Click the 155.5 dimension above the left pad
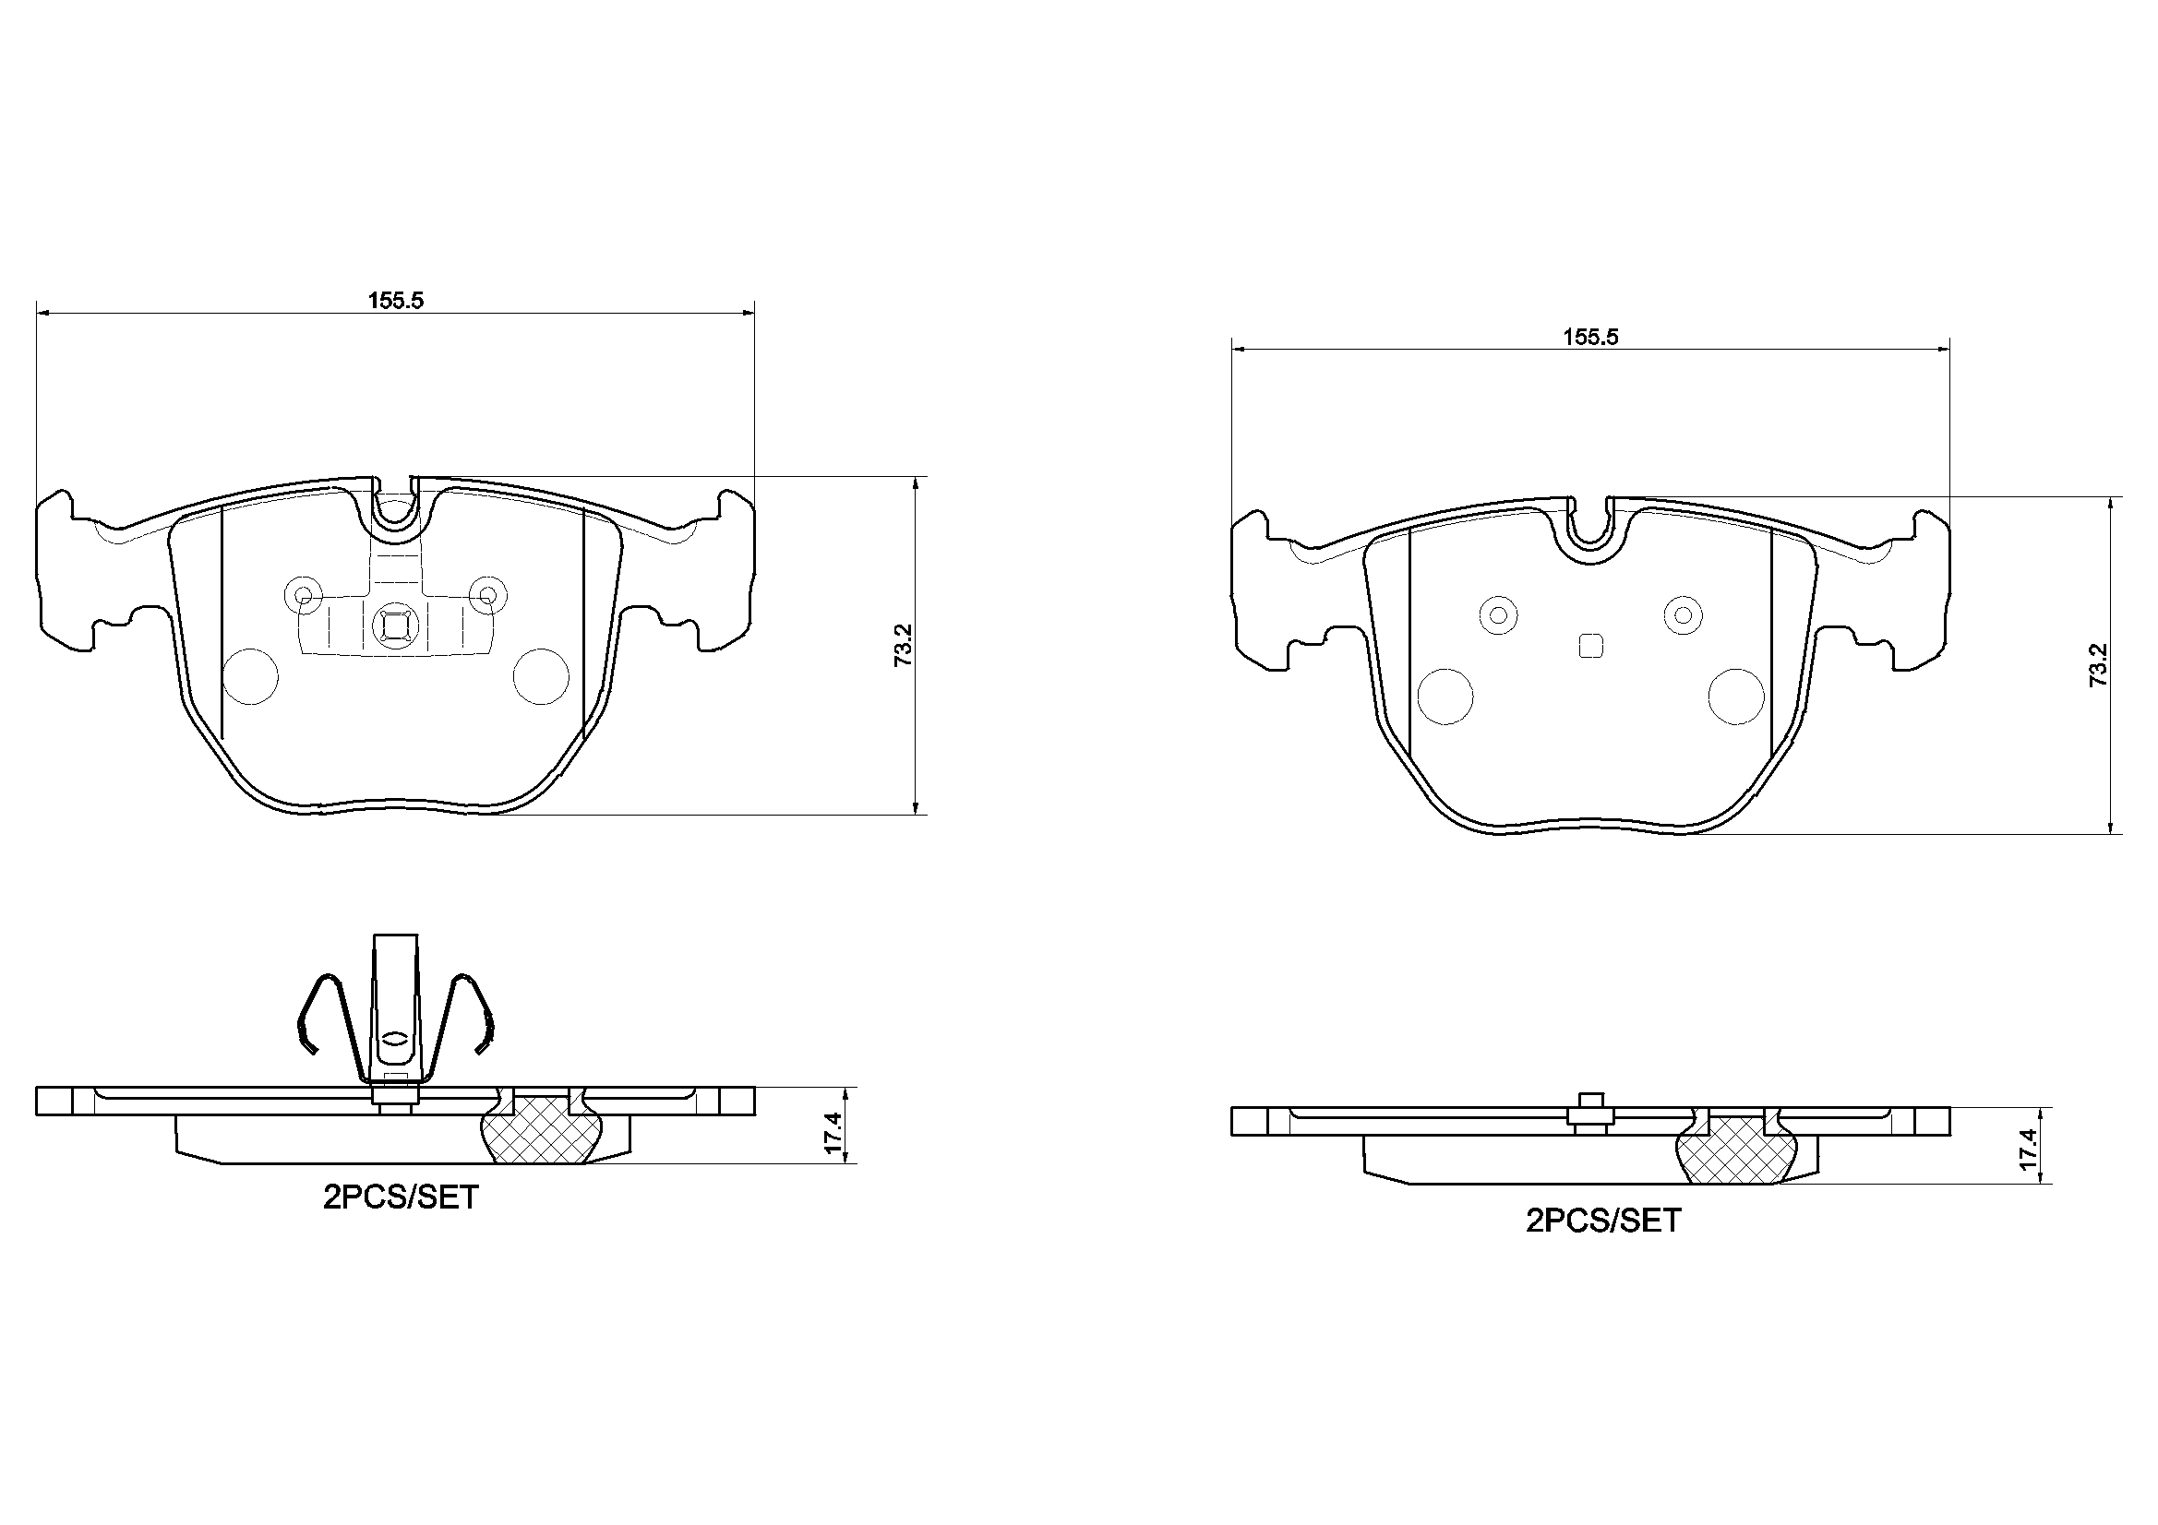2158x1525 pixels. (396, 300)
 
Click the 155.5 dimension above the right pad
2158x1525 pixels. (1590, 337)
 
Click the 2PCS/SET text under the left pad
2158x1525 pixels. (402, 1197)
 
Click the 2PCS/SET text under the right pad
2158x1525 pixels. (1602, 1221)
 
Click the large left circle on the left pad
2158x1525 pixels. (251, 675)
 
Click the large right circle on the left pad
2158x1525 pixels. (542, 675)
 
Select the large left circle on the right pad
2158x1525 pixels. (1445, 697)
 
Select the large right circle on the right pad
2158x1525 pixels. (1737, 697)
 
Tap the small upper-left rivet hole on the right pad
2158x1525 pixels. (1498, 614)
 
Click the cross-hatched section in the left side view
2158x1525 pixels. (541, 1132)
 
